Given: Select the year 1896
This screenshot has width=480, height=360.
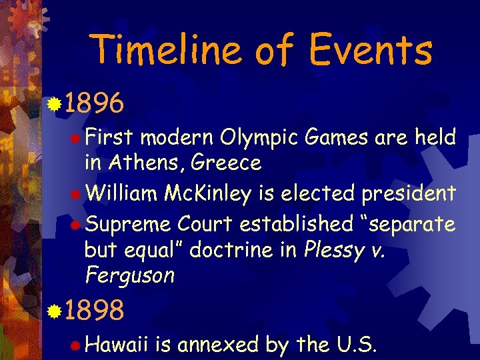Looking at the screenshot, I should point(95,103).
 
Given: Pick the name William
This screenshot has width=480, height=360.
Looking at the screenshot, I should point(121,193).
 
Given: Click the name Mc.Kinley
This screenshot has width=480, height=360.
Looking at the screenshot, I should point(208,193).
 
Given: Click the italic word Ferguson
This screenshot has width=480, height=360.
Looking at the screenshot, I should point(130,275).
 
